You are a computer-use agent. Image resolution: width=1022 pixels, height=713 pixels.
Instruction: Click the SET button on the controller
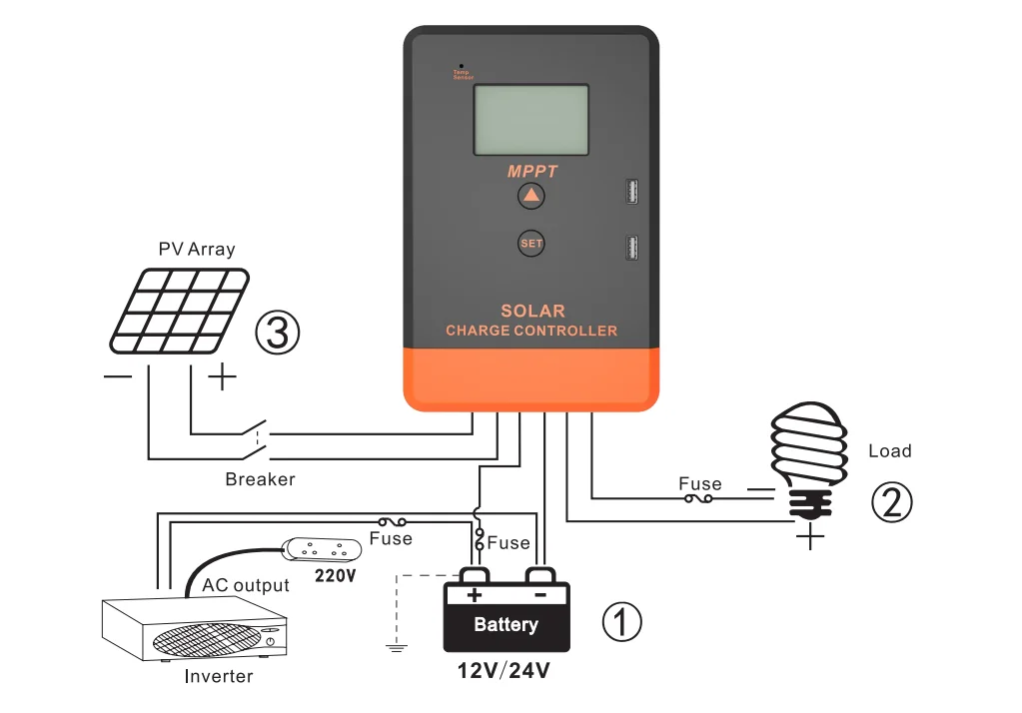(x=531, y=244)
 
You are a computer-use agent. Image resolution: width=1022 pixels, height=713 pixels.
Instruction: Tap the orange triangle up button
(x=531, y=196)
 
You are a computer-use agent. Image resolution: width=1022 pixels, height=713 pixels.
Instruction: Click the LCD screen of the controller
(x=530, y=120)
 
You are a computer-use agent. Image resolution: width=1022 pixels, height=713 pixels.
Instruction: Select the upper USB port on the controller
(x=631, y=191)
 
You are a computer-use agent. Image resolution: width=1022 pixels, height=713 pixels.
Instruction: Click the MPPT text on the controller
(x=531, y=172)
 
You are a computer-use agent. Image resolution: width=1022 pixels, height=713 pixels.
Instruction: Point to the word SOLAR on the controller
(x=532, y=311)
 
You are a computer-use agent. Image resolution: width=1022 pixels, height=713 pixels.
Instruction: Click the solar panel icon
(x=179, y=309)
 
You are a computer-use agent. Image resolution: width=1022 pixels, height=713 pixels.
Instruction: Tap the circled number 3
(x=278, y=333)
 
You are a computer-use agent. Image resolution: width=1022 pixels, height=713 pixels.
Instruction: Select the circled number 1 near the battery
(x=620, y=622)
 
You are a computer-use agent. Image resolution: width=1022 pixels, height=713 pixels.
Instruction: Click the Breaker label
(x=260, y=479)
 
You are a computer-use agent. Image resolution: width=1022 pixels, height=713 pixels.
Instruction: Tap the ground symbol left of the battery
(x=397, y=647)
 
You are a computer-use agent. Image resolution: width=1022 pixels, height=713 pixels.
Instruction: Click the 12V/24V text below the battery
(x=504, y=671)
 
